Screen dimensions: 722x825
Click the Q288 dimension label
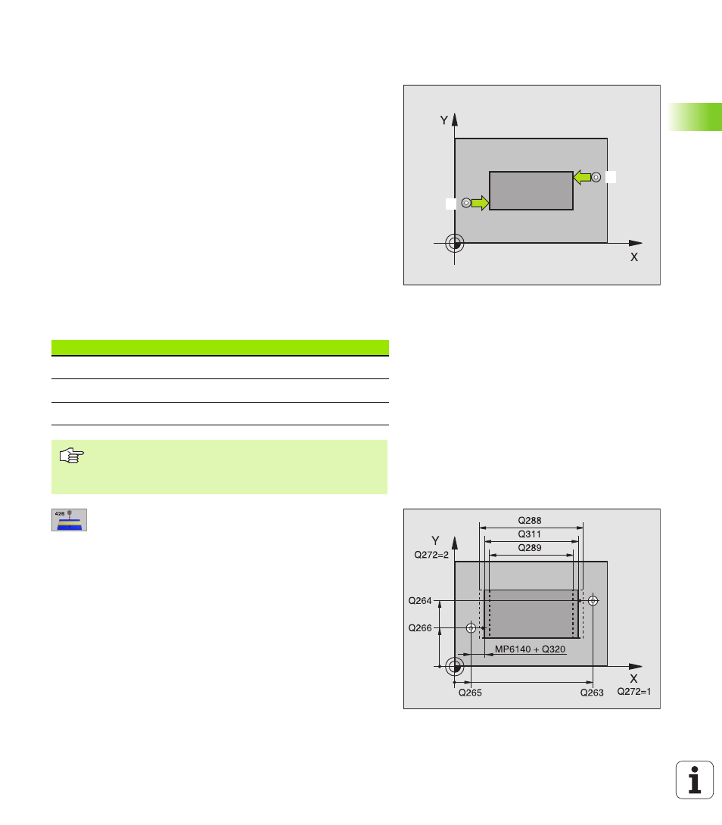click(x=530, y=521)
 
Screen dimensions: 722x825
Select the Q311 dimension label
click(x=530, y=534)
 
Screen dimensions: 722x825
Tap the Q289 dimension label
click(x=530, y=548)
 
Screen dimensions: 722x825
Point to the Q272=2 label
click(x=431, y=555)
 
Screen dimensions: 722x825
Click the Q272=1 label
click(x=634, y=691)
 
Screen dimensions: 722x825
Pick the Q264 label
click(x=420, y=600)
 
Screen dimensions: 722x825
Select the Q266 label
click(x=420, y=627)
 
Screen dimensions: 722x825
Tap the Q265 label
click(x=470, y=693)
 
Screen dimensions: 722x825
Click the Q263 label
click(x=592, y=693)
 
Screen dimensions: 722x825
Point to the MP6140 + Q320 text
click(x=530, y=649)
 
